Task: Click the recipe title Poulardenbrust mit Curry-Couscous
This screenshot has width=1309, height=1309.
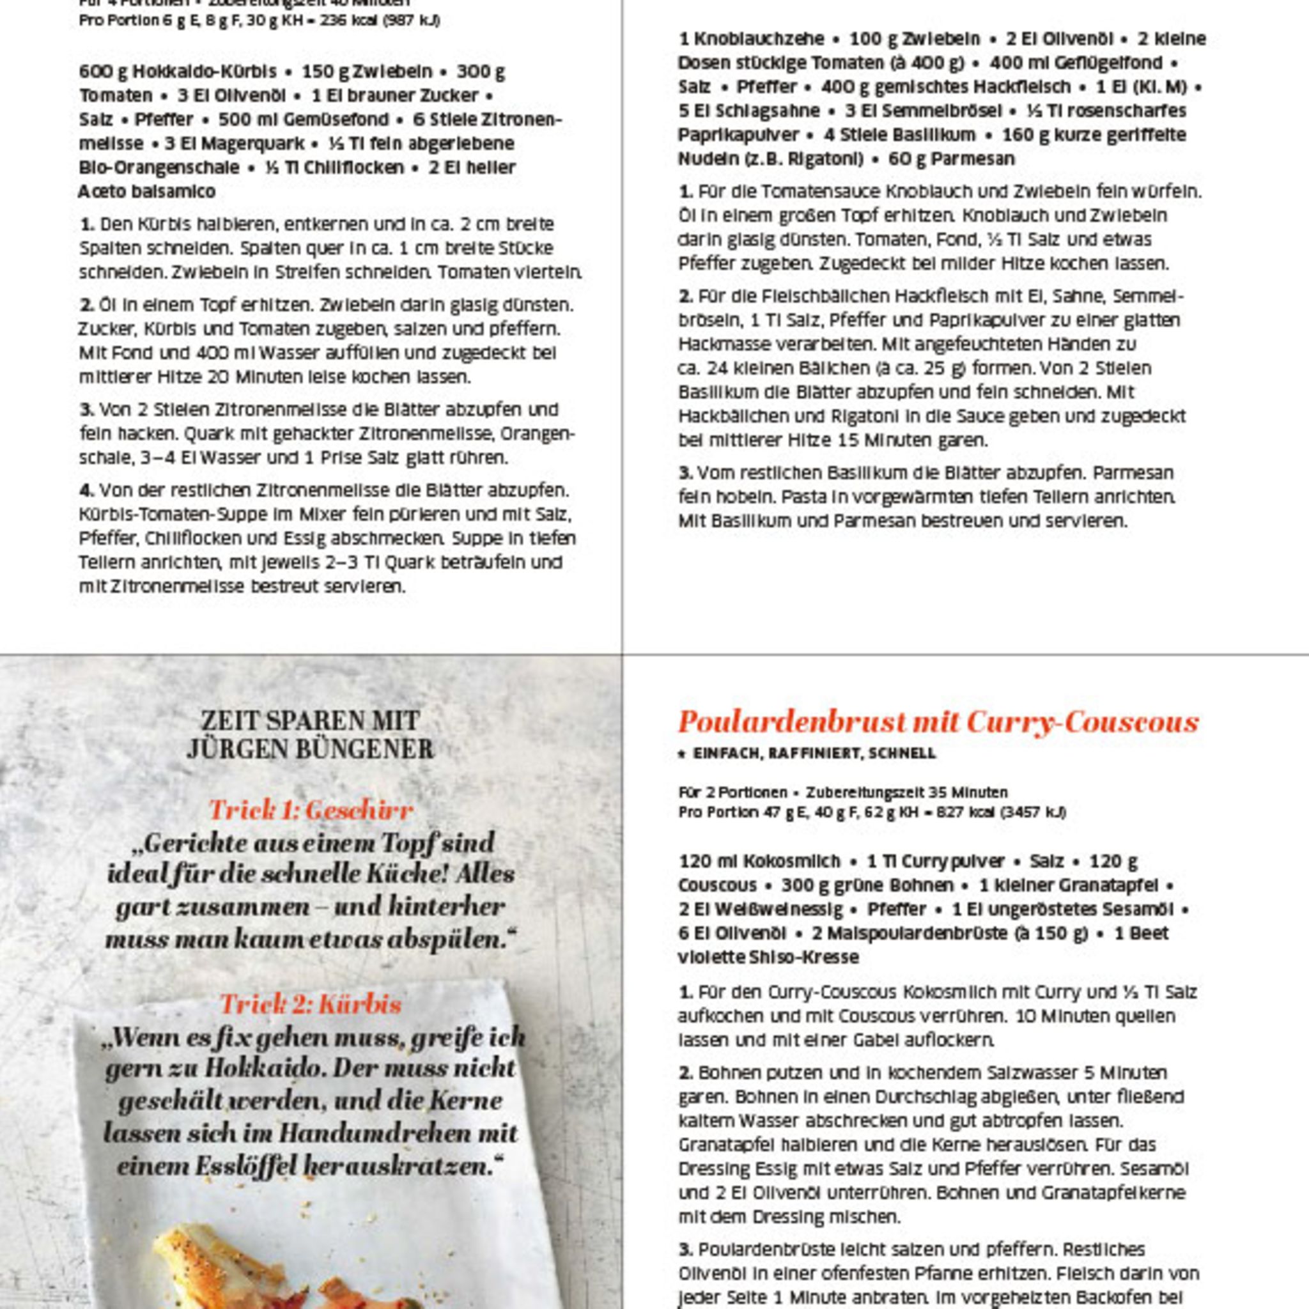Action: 938,722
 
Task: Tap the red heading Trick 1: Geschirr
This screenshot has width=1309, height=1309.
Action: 311,810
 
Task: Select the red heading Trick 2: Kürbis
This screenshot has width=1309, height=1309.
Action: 311,1004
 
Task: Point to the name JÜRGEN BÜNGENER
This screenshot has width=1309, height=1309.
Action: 310,749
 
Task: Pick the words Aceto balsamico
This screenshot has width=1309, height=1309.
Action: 147,192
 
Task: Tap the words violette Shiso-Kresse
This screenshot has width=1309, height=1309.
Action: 768,957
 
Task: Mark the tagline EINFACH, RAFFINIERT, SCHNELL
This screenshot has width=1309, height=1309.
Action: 814,754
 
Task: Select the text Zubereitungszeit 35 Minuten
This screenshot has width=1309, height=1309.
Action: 906,792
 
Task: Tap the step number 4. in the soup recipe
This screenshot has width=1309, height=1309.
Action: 86,490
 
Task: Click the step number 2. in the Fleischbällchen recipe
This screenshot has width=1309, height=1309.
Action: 686,296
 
